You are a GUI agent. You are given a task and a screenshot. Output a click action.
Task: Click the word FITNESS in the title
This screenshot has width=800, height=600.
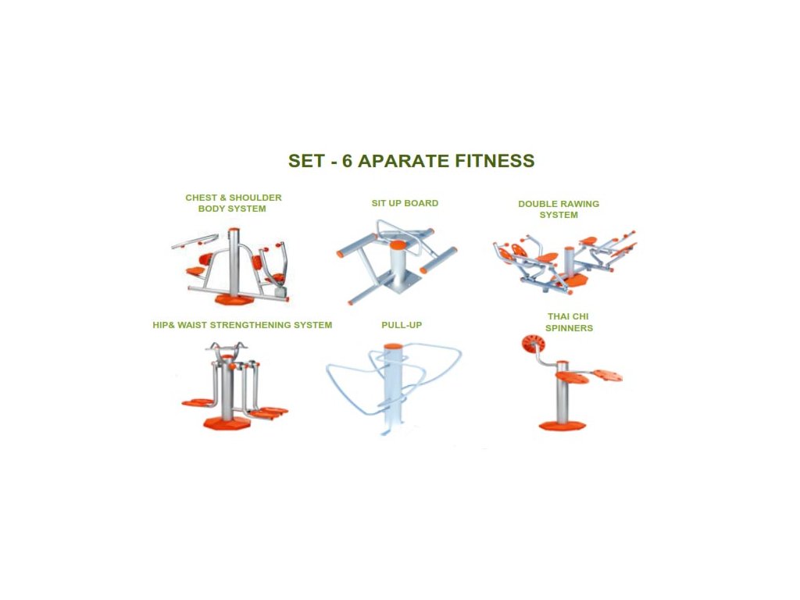click(495, 161)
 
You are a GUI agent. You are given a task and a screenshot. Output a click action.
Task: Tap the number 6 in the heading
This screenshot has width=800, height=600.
click(347, 161)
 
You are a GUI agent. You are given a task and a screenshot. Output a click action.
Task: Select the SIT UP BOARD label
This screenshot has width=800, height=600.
click(405, 203)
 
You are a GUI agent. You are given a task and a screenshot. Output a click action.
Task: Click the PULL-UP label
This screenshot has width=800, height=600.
click(402, 325)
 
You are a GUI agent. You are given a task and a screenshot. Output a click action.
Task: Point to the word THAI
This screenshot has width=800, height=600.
click(559, 316)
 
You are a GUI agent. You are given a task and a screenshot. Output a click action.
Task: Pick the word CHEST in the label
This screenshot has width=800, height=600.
click(201, 198)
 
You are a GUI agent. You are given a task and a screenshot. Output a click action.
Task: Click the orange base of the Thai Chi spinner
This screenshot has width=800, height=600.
click(562, 426)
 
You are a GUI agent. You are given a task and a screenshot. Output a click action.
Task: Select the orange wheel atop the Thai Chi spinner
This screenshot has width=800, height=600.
click(533, 344)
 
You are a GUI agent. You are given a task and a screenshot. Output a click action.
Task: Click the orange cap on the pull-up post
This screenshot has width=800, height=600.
click(392, 346)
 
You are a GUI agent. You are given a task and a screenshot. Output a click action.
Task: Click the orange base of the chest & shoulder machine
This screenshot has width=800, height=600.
click(234, 299)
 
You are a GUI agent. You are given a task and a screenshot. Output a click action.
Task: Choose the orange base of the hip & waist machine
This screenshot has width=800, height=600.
click(227, 423)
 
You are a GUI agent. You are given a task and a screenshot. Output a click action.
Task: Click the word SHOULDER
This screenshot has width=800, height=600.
click(255, 198)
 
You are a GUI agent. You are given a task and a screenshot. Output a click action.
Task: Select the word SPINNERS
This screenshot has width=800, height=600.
click(569, 328)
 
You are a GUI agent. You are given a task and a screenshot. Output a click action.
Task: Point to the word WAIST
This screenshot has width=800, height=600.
click(192, 325)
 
